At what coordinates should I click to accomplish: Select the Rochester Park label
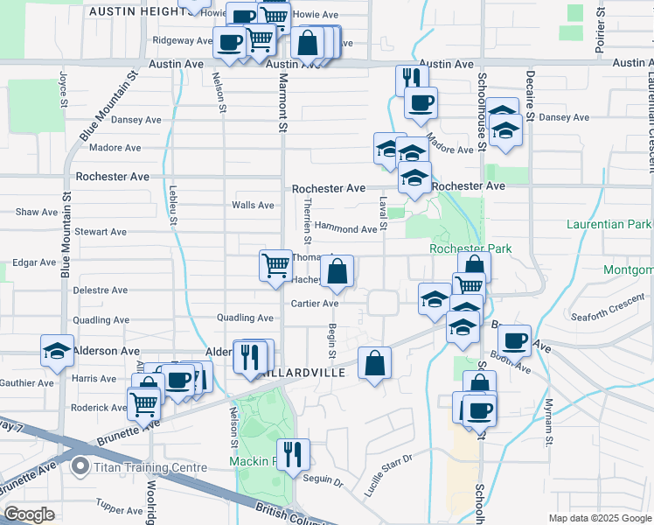[x=470, y=248]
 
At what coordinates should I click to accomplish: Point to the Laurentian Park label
[x=609, y=225]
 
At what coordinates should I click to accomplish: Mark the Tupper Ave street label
[x=118, y=507]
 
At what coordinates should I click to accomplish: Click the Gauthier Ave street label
[x=26, y=383]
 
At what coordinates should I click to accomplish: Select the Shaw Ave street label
[x=37, y=212]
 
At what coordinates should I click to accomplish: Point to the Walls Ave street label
[x=253, y=205]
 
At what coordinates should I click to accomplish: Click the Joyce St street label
[x=64, y=89]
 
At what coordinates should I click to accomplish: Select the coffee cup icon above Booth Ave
[x=514, y=339]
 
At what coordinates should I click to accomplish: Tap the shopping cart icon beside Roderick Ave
[x=143, y=402]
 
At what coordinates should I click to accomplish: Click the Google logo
[x=29, y=514]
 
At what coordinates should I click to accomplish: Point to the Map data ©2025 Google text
[x=599, y=518]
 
